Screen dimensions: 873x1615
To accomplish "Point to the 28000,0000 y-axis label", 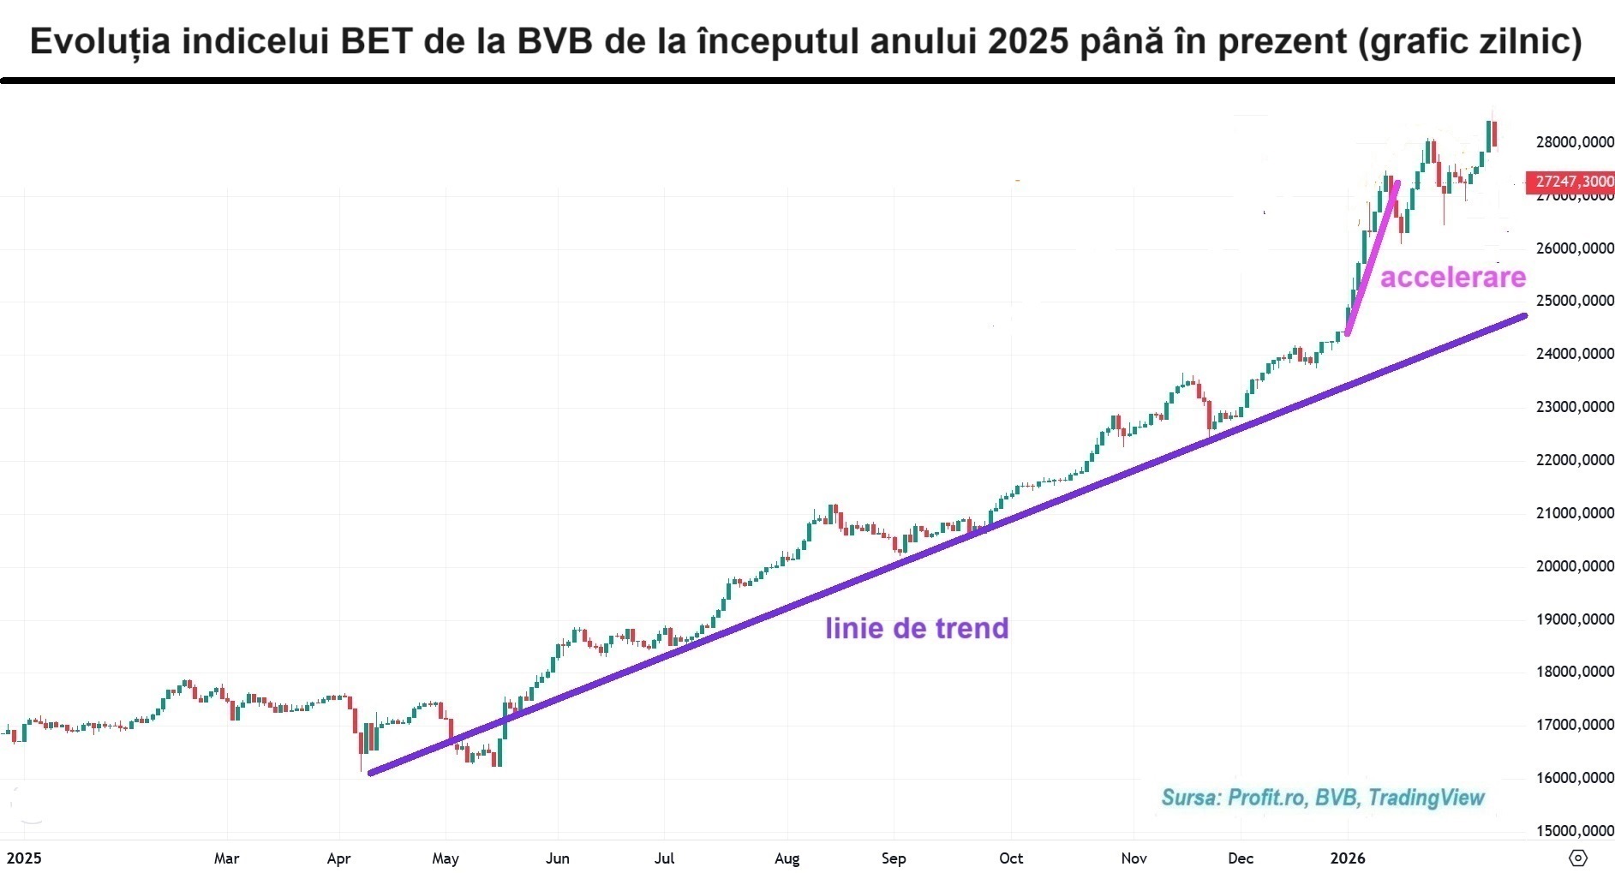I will coord(1575,142).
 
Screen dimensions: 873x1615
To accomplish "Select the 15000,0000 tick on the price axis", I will coord(1575,830).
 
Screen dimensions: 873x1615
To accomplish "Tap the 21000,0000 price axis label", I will coord(1575,513).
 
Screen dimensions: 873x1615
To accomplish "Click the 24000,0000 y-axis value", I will coord(1575,354).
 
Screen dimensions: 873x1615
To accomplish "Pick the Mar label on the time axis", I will coord(226,858).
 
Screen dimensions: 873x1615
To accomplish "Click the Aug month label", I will coord(787,858).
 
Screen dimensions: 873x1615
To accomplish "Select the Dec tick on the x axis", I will coord(1240,858).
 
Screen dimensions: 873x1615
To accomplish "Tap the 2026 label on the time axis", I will coord(1347,858).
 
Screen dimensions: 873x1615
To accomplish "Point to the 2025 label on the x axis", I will coord(24,858).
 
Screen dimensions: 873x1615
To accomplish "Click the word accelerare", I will coord(1453,278).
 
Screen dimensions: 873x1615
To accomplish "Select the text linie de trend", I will coord(917,628).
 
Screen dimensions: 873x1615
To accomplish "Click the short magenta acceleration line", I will coord(1373,257).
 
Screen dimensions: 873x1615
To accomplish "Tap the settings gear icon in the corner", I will coord(1578,858).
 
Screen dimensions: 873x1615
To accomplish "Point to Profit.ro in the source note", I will coord(1266,798).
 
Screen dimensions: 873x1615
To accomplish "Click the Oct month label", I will coord(1011,858).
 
